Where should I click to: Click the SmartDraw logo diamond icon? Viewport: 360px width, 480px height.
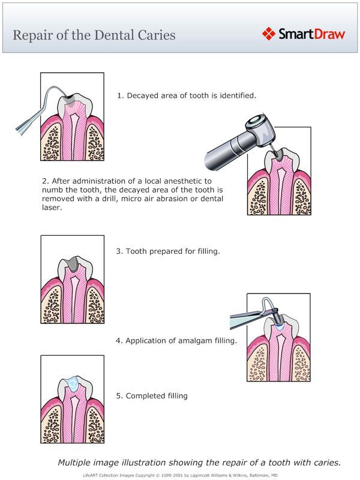[269, 34]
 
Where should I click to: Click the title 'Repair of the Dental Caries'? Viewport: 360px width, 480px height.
[94, 35]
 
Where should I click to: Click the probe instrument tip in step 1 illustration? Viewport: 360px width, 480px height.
[64, 95]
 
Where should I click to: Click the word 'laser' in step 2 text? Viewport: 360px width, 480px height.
[52, 208]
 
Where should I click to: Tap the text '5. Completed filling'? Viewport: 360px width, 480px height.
[152, 396]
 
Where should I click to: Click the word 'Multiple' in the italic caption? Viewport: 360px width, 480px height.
[75, 462]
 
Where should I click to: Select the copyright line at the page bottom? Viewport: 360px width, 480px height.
[180, 475]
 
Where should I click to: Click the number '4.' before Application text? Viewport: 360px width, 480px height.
[119, 341]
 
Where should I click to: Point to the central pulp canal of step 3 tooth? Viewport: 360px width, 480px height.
[71, 294]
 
